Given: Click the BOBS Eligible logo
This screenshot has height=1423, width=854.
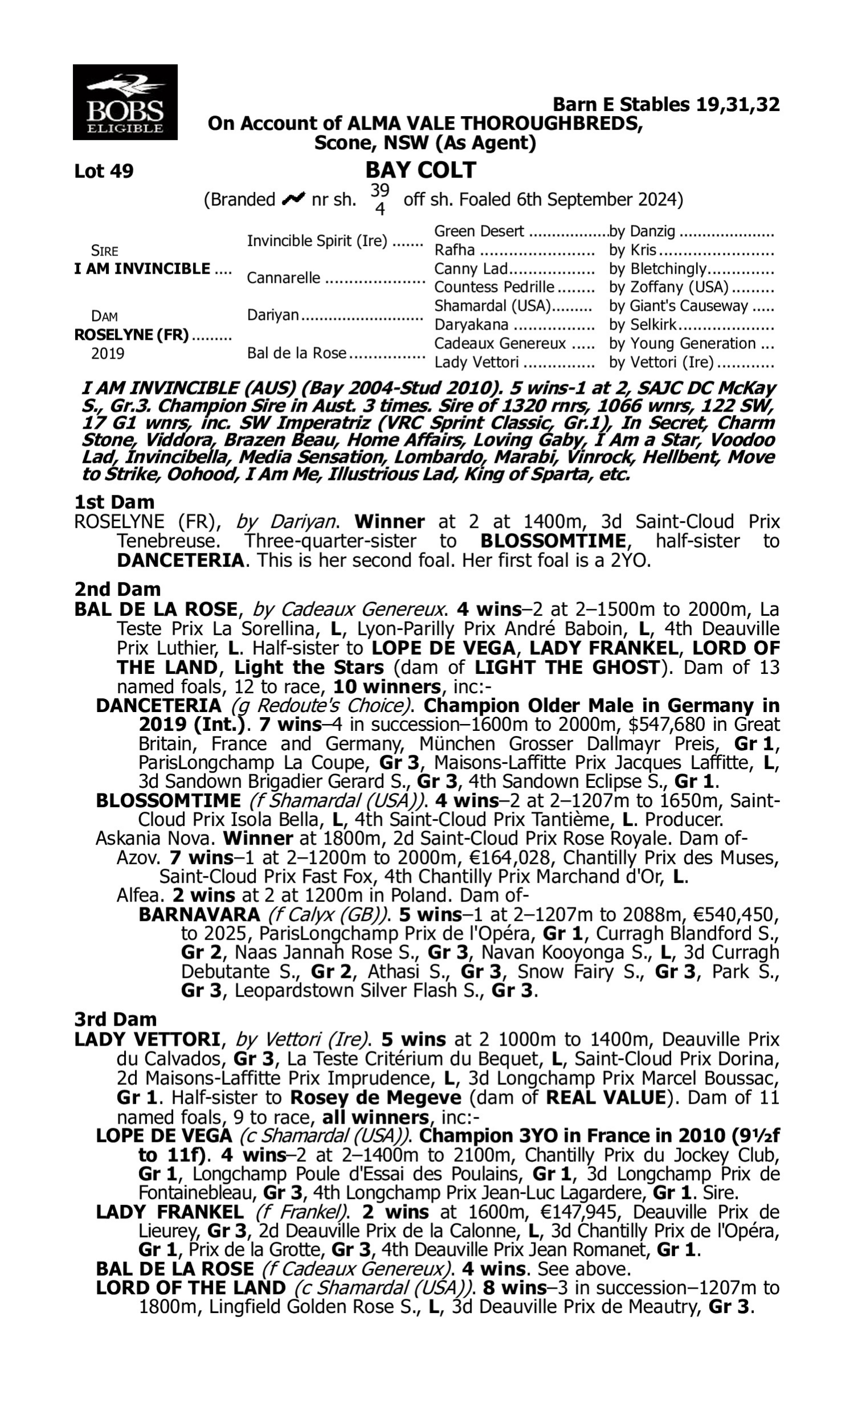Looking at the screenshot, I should point(125,102).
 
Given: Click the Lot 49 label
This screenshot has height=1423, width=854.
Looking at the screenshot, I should point(104,171).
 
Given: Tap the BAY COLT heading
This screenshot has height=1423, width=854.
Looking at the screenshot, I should point(421,170).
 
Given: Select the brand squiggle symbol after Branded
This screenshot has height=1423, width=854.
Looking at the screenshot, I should point(293,199).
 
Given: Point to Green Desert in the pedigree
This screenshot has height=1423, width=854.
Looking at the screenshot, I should point(478,231).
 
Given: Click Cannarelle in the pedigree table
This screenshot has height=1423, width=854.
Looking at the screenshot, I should point(283,278).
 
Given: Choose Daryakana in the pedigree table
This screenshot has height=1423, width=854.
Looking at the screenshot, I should point(471,325).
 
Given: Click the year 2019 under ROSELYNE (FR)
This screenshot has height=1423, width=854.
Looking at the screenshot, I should point(108,353).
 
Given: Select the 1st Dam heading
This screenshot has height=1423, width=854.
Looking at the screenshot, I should point(114,502).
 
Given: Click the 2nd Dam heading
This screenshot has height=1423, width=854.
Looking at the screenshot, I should point(117,589).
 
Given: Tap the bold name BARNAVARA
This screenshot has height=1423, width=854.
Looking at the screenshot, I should point(199,914).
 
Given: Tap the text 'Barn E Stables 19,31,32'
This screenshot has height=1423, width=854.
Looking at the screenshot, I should point(666,105).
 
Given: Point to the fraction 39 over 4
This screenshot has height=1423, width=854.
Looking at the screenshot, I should point(379,199).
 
